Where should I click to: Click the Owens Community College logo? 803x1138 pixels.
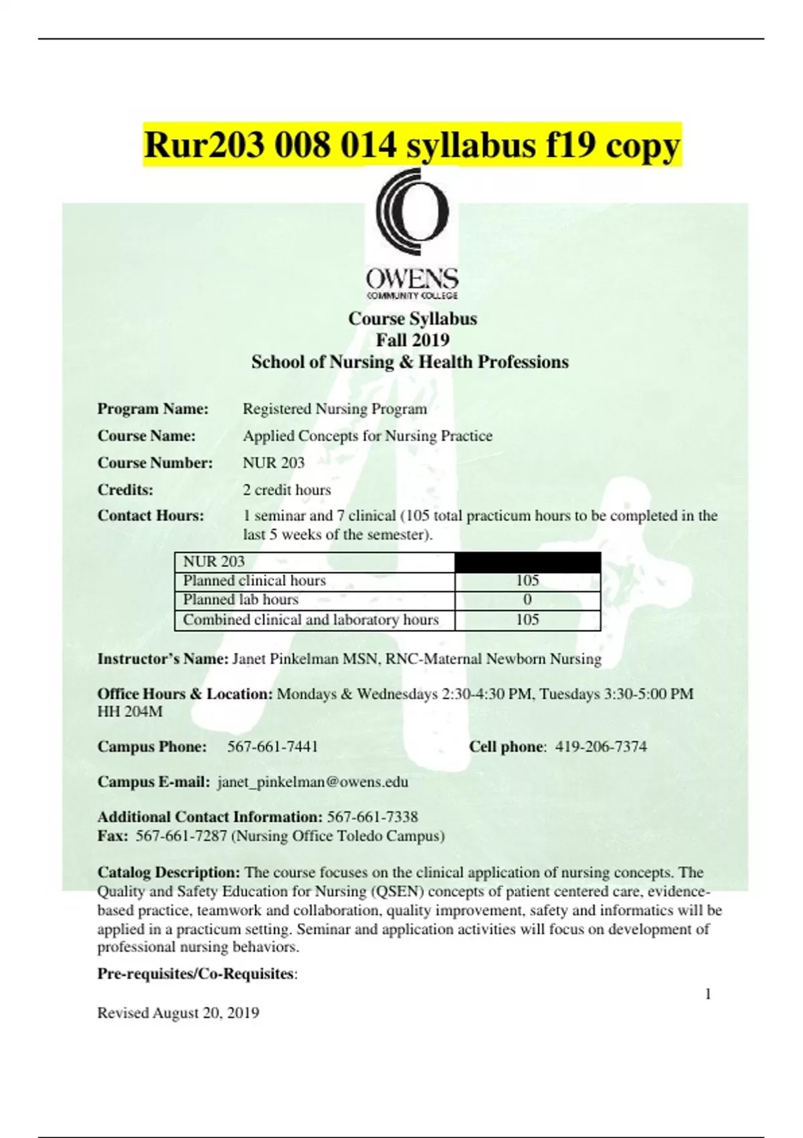pyautogui.click(x=412, y=234)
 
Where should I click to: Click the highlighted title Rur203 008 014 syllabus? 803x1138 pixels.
pyautogui.click(x=412, y=145)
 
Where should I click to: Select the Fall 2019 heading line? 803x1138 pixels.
pyautogui.click(x=412, y=340)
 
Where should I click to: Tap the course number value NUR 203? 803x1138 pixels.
pyautogui.click(x=273, y=463)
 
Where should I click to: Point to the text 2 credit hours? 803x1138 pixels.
pyautogui.click(x=286, y=489)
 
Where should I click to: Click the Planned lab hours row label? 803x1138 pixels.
pyautogui.click(x=241, y=600)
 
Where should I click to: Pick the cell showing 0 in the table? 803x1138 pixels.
pyautogui.click(x=527, y=600)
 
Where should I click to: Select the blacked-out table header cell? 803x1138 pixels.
pyautogui.click(x=527, y=562)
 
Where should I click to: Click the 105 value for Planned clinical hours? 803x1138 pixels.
pyautogui.click(x=527, y=580)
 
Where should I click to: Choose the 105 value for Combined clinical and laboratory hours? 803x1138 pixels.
pyautogui.click(x=527, y=620)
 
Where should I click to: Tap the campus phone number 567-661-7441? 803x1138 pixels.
pyautogui.click(x=272, y=746)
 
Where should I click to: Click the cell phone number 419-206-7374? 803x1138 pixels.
pyautogui.click(x=601, y=746)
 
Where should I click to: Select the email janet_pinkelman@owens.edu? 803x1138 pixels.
pyautogui.click(x=313, y=782)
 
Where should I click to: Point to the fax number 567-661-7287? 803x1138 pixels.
pyautogui.click(x=181, y=835)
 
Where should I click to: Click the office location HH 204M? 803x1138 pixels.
pyautogui.click(x=130, y=712)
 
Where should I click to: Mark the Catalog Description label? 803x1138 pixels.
pyautogui.click(x=169, y=872)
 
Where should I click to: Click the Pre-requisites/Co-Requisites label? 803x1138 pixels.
pyautogui.click(x=196, y=973)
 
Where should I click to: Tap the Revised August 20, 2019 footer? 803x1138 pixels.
pyautogui.click(x=178, y=1013)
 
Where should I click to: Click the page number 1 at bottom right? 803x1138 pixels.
pyautogui.click(x=708, y=994)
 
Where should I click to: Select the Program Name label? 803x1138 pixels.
pyautogui.click(x=153, y=408)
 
